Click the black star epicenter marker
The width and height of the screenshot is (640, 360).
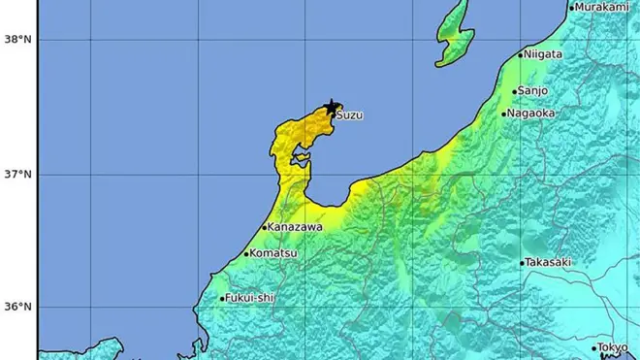pyautogui.click(x=332, y=106)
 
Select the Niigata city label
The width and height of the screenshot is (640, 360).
pyautogui.click(x=544, y=54)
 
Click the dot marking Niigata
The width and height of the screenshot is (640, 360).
pyautogui.click(x=521, y=54)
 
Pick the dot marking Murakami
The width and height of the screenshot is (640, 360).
pyautogui.click(x=572, y=8)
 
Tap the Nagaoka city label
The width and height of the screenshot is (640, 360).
pyautogui.click(x=533, y=113)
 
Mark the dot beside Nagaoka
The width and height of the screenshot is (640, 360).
pyautogui.click(x=504, y=114)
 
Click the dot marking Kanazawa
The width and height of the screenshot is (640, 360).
pyautogui.click(x=264, y=228)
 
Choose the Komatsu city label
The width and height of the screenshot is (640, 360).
pyautogui.click(x=272, y=253)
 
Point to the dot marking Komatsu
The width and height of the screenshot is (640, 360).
pyautogui.click(x=245, y=254)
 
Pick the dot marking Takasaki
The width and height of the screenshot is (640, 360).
pyautogui.click(x=522, y=263)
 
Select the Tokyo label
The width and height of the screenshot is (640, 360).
pyautogui.click(x=613, y=348)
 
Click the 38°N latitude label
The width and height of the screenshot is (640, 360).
pyautogui.click(x=16, y=40)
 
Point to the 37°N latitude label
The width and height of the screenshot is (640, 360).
pyautogui.click(x=16, y=175)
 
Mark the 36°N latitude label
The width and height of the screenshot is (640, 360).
pyautogui.click(x=16, y=307)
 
